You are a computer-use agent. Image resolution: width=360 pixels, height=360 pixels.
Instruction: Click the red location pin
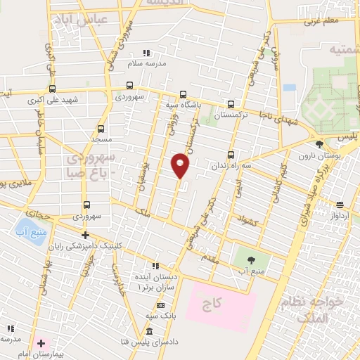pos(181,165)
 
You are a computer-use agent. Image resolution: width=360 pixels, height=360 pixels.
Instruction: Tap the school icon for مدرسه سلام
pos(146,53)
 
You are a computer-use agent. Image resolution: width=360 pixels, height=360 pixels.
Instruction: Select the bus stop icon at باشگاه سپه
pos(184,95)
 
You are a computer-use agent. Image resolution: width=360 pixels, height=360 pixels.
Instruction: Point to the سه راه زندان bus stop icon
pos(231,155)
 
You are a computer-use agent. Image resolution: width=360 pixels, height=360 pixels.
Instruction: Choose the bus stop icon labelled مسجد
pos(101,129)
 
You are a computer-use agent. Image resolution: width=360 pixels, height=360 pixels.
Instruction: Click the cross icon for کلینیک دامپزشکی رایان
pos(85,235)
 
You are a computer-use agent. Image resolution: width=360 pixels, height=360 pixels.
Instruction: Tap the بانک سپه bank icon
pos(161,305)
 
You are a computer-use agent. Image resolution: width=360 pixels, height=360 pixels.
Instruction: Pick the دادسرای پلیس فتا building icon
pos(149,331)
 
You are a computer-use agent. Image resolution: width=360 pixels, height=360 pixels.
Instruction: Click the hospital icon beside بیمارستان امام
pos(41,345)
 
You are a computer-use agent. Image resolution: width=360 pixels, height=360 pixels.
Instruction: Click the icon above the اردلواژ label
pos(340,205)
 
